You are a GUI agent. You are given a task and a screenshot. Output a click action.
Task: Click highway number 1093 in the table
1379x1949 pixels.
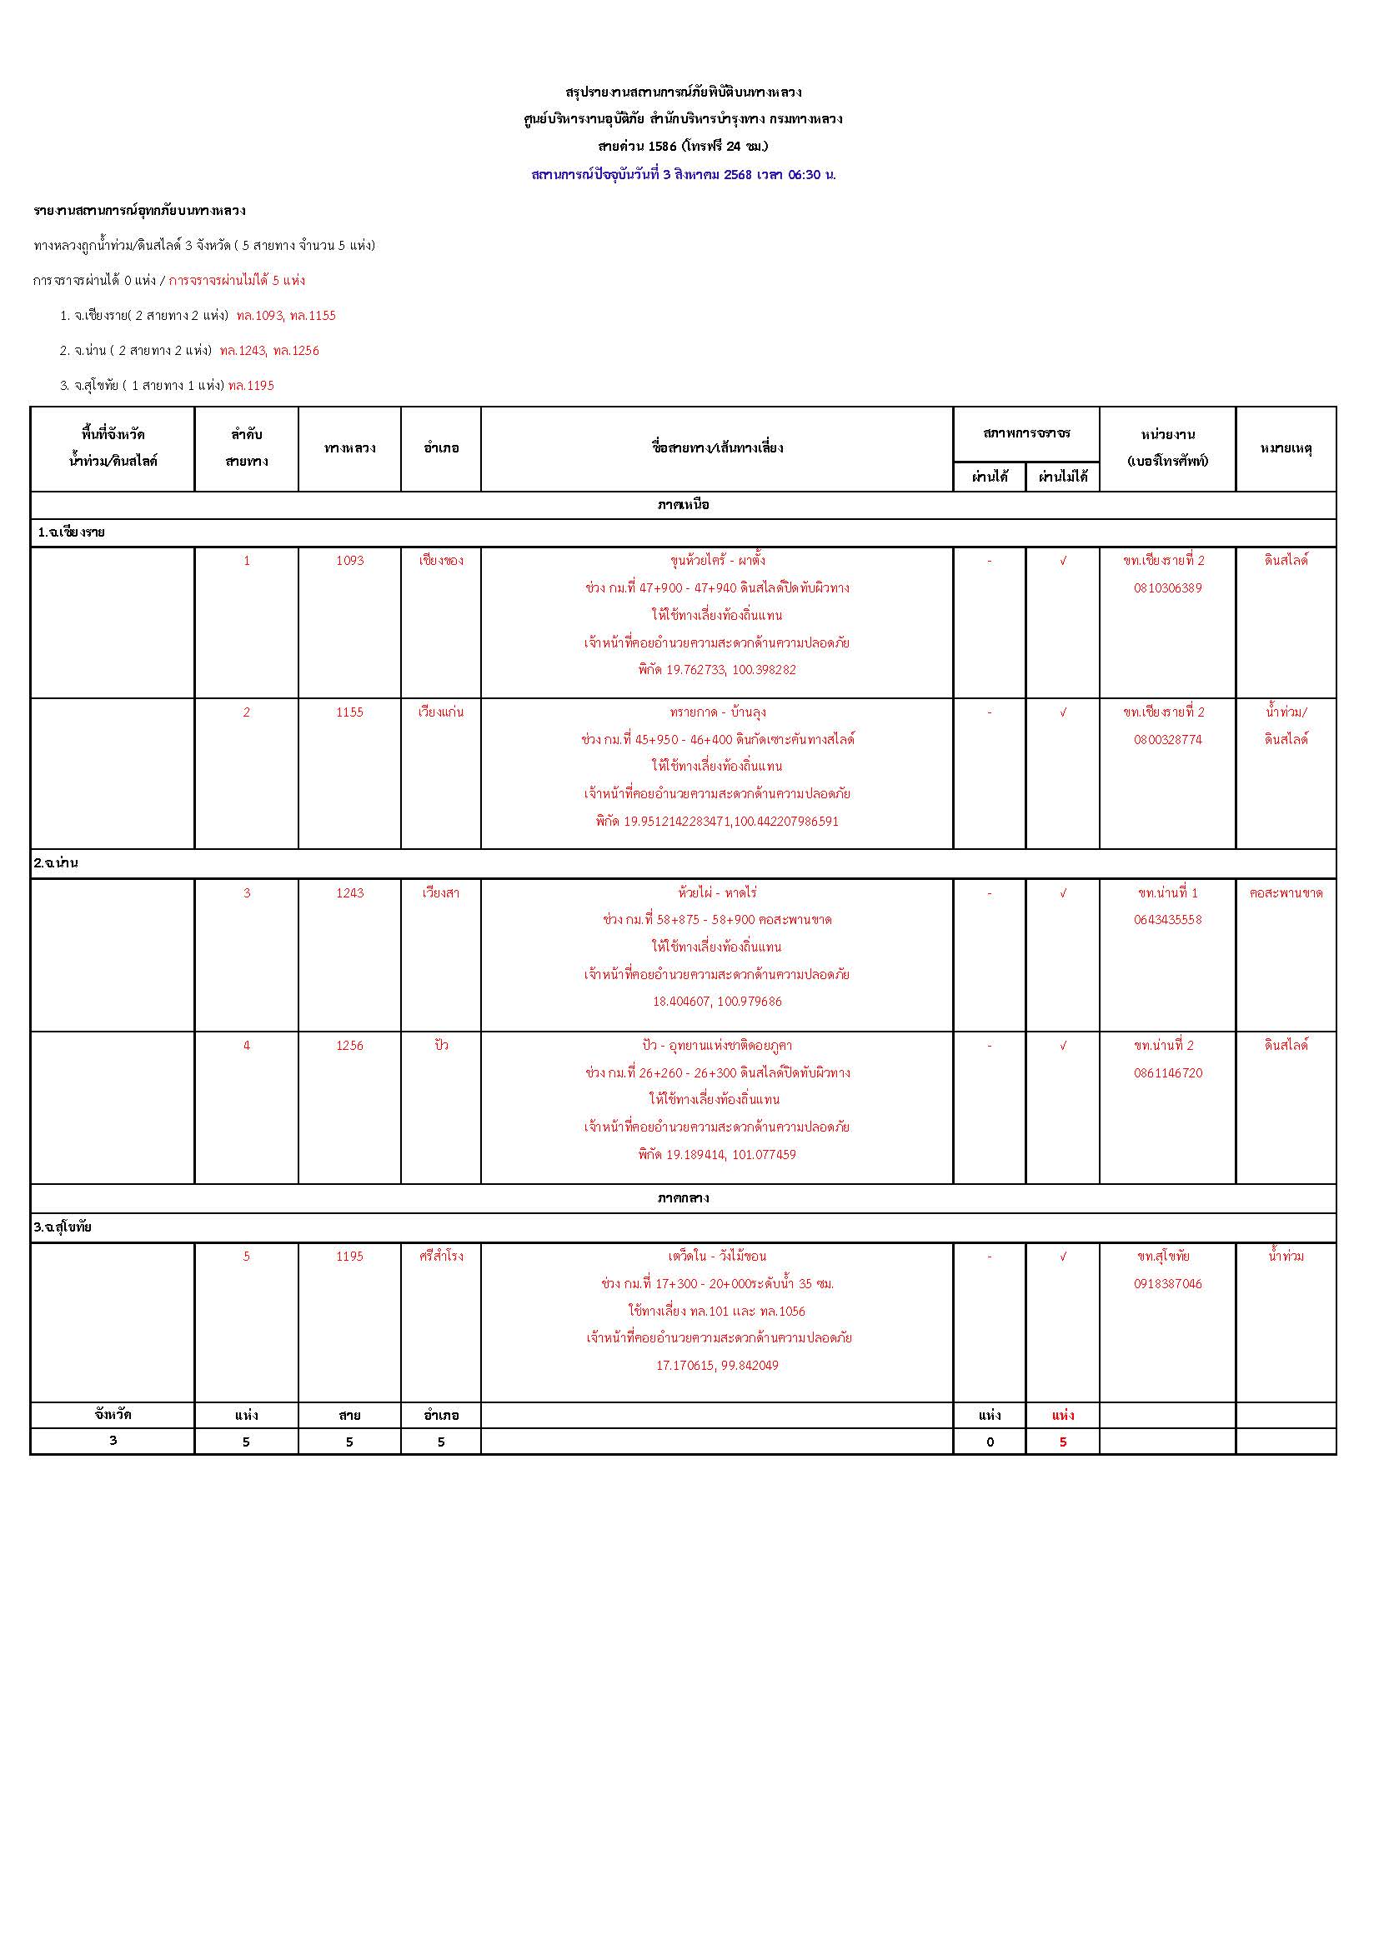349,560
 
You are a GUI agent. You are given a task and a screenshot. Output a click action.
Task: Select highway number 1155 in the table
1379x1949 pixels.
349,712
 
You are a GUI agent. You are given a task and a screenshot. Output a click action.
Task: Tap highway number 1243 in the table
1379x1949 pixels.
349,893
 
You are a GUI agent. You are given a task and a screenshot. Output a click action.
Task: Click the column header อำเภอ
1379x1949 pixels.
441,448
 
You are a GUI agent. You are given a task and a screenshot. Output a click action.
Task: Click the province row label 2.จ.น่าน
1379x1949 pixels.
56,862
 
